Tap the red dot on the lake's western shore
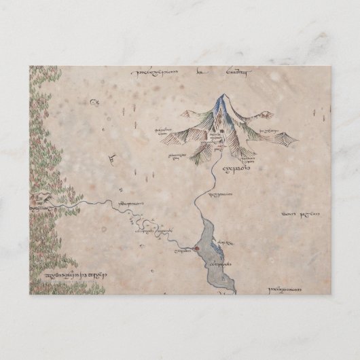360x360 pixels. [195, 248]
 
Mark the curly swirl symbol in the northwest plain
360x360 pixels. [93, 103]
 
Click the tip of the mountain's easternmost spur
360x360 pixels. [296, 142]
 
